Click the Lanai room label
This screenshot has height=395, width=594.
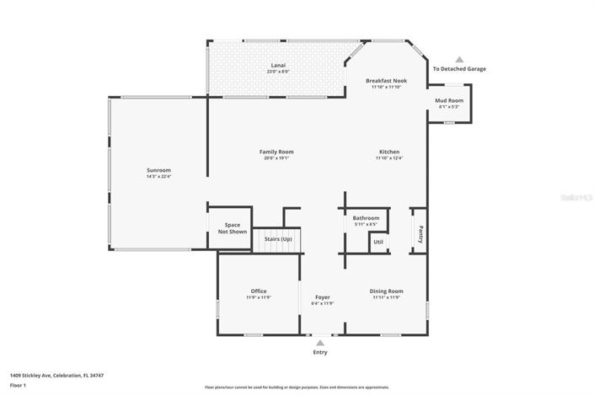click(277, 66)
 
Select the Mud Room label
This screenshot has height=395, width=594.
click(449, 100)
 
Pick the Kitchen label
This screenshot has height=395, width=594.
click(388, 152)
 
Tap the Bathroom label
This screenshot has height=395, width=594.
click(366, 218)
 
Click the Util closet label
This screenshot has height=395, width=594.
click(378, 242)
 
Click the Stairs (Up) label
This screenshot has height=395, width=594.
click(278, 239)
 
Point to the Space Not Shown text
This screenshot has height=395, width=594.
click(233, 228)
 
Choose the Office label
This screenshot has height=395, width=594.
click(259, 291)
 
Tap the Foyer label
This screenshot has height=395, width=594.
click(323, 297)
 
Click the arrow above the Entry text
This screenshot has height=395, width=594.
click(319, 343)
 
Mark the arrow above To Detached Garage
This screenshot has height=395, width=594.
click(459, 60)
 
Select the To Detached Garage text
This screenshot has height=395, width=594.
click(459, 69)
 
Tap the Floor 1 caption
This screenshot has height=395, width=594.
click(19, 385)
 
